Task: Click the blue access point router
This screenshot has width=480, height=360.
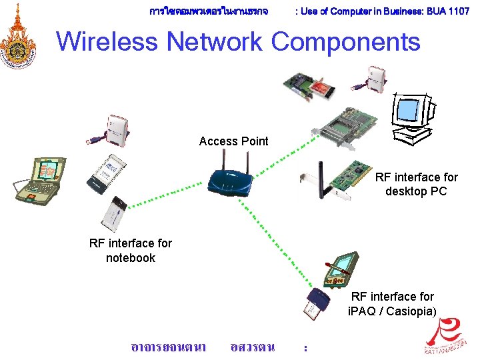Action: pos(231,178)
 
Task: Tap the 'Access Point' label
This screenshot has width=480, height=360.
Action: pos(233,141)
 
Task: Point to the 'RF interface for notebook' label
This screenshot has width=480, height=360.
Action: pos(130,250)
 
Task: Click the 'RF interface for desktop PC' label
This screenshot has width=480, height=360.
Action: pos(416,184)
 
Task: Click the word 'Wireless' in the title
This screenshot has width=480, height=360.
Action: pos(109,41)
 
